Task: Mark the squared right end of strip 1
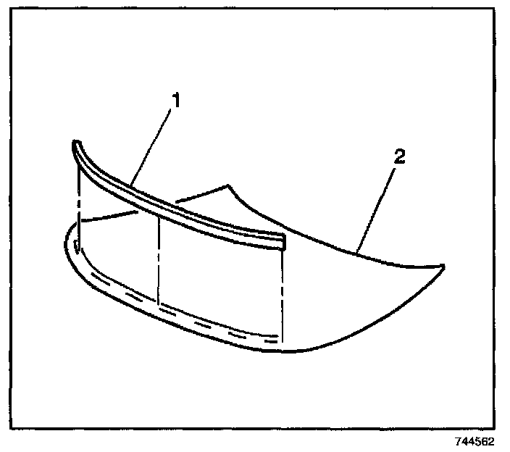(x=283, y=242)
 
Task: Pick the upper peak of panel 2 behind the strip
(x=228, y=185)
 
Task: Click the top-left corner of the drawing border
(x=17, y=16)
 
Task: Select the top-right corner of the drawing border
(x=494, y=16)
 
